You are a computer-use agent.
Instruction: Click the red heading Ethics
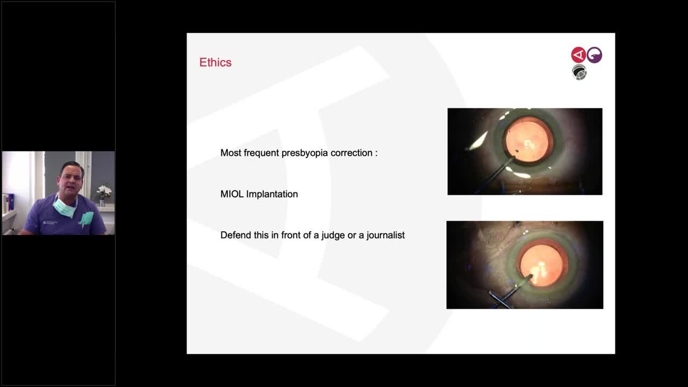click(215, 62)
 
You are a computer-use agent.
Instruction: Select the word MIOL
click(232, 194)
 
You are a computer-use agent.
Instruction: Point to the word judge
click(333, 235)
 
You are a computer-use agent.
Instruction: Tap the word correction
click(352, 153)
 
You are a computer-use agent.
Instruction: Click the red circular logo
click(578, 55)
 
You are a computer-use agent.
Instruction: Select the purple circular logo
click(594, 55)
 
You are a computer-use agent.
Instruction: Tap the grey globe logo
click(579, 72)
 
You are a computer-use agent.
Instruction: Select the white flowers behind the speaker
click(104, 191)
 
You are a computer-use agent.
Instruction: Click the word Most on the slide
click(231, 153)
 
